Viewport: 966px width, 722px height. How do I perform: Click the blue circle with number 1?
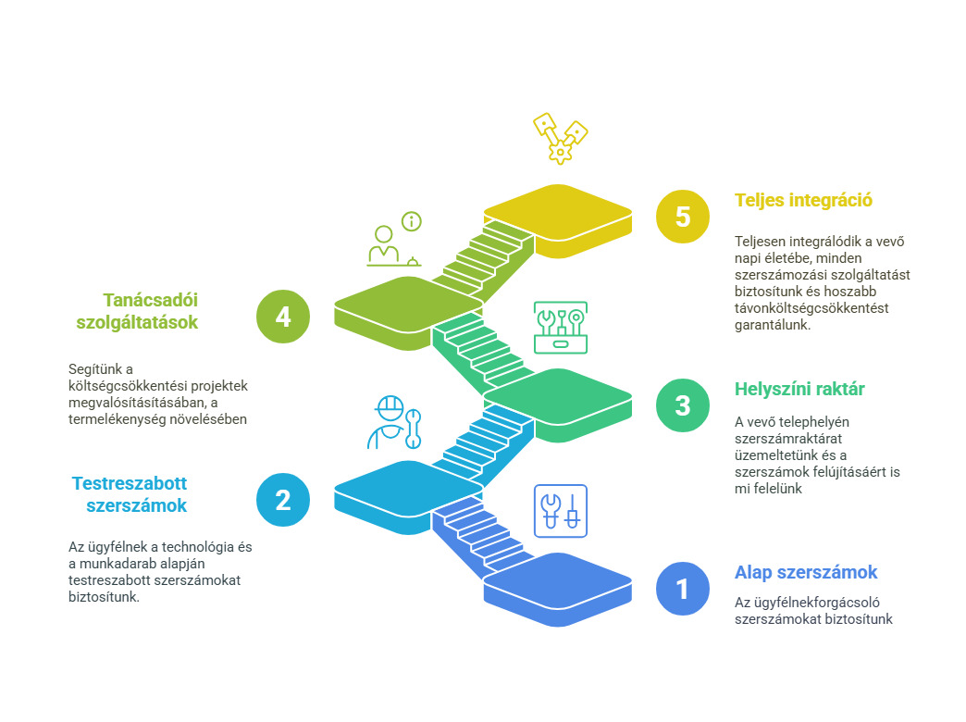point(682,588)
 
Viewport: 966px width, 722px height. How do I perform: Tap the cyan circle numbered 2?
point(283,500)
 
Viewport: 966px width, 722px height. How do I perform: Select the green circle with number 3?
point(682,405)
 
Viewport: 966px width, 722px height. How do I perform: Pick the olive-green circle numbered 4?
point(283,317)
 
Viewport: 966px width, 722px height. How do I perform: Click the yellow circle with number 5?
point(682,217)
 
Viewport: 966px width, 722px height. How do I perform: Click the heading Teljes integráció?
point(803,200)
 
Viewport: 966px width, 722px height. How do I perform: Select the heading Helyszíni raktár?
point(799,389)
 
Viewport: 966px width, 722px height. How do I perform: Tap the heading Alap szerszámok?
point(806,572)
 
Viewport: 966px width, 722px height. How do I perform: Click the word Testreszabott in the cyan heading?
point(130,483)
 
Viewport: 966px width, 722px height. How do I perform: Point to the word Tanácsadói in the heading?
point(150,300)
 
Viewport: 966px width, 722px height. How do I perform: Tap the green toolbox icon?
point(561,328)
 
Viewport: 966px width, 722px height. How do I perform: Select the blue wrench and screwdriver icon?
point(561,511)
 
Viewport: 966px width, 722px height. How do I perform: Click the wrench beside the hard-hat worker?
point(413,429)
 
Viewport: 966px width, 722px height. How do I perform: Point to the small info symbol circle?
point(412,220)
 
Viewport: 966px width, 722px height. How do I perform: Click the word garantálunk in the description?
point(773,325)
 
